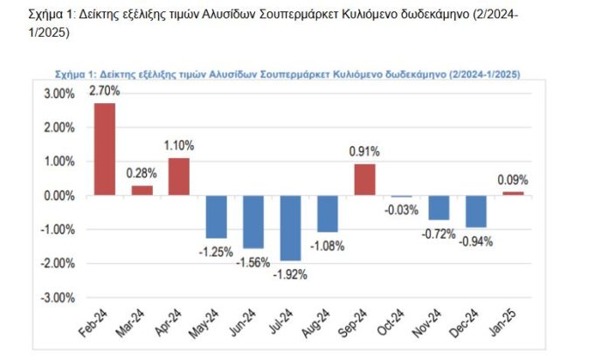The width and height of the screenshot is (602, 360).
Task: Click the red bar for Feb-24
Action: [105, 149]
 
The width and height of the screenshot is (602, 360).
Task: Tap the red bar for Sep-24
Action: [365, 179]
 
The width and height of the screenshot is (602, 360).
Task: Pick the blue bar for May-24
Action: [217, 217]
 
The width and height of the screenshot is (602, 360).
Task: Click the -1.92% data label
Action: [289, 273]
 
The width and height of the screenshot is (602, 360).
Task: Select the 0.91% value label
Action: [365, 151]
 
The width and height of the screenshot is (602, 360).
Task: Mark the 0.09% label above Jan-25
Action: [512, 181]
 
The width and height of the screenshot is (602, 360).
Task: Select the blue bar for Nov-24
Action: [439, 208]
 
